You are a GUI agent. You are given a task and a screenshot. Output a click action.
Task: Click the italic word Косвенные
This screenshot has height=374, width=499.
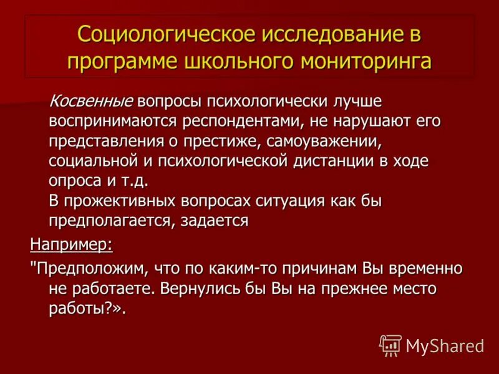[91, 100]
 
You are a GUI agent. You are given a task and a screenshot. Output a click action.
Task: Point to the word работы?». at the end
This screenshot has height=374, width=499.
[87, 309]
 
